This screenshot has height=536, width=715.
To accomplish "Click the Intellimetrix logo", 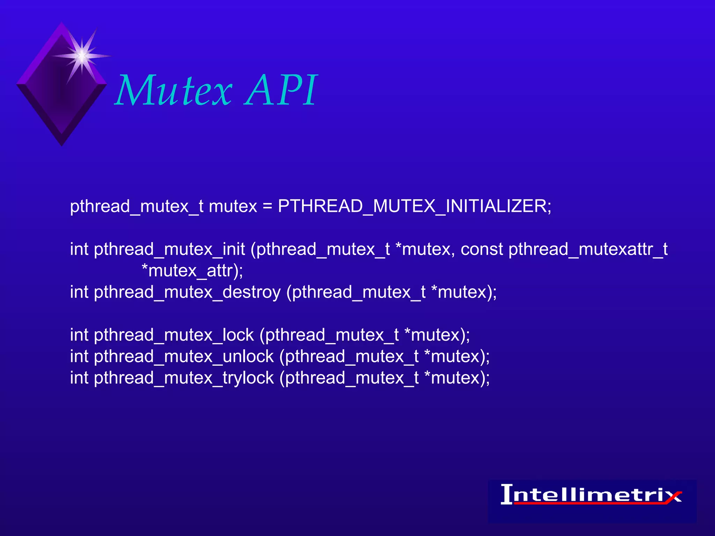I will pos(591,496).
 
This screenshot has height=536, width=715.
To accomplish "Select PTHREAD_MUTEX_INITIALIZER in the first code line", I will pos(414,206).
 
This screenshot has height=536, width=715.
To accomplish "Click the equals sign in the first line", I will pos(267,206).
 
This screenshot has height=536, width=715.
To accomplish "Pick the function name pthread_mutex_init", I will pos(169,249).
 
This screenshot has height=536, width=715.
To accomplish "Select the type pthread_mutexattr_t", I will pos(588,249).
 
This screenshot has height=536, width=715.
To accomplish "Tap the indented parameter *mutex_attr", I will pos(192,271).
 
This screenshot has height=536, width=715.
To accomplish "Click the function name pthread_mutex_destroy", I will pos(187,292).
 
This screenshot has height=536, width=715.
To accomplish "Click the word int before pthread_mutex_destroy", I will pos(79,292).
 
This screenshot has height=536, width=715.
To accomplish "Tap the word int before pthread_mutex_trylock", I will pos(79,378).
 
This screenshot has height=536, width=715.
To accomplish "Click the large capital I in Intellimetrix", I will pos(507,494).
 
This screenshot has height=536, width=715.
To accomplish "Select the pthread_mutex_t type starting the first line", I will pos(137,206).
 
